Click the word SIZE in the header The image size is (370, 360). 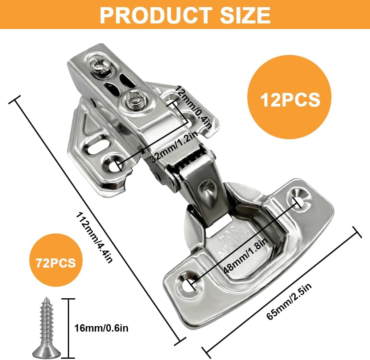point(245,15)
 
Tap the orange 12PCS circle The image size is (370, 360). point(290,97)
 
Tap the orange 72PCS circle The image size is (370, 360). point(56,263)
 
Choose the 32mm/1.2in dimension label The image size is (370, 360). point(174,146)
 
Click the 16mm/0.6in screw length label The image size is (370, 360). point(101,328)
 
